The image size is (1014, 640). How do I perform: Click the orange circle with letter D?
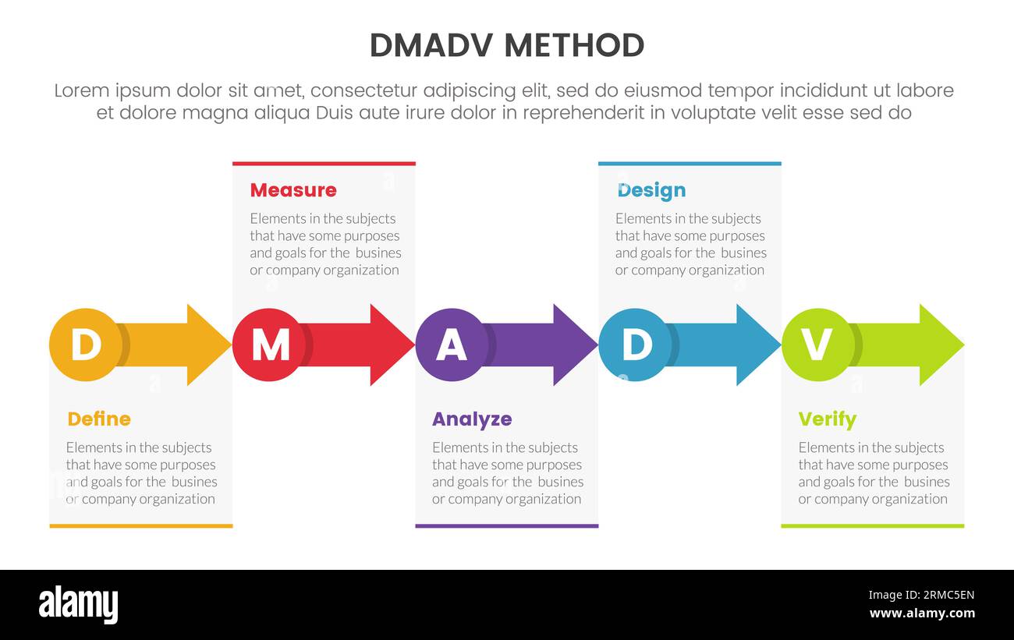(85, 345)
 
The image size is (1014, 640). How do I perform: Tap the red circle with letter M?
(268, 345)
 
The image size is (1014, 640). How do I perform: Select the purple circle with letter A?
(452, 345)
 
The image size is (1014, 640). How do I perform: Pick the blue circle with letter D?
(635, 345)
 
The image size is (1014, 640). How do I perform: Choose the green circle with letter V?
(817, 345)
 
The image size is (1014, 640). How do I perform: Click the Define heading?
(99, 419)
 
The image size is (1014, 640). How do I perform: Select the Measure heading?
(293, 190)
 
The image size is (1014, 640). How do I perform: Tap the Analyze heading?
(472, 419)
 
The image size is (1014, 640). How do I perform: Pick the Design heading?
(651, 190)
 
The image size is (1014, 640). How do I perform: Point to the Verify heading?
(827, 419)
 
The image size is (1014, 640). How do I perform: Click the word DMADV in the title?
(431, 46)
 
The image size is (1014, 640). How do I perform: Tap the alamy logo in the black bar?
(79, 605)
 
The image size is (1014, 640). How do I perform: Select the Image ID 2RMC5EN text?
(921, 596)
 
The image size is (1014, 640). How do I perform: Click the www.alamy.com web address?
(921, 613)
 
